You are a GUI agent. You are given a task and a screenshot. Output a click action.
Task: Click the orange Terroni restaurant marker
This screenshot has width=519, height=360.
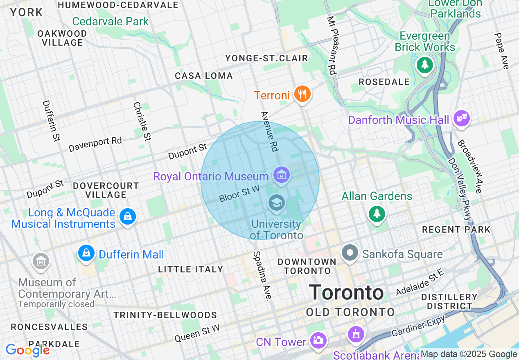tap(302, 94)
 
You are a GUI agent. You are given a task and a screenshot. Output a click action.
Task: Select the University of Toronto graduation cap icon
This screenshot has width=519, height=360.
tap(276, 202)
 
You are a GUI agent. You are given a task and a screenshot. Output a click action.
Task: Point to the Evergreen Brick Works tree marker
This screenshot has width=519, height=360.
tap(425, 65)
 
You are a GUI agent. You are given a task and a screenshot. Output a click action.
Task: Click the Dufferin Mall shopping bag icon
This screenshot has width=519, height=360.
tap(86, 254)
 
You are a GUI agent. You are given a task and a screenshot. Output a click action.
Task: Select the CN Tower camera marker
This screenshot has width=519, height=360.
tap(318, 340)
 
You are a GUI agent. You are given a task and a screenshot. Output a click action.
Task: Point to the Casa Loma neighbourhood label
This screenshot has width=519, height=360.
tap(204, 76)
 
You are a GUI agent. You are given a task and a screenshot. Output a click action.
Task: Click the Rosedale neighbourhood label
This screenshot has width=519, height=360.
tap(384, 82)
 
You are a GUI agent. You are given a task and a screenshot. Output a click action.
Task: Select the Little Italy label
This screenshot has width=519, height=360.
tap(191, 269)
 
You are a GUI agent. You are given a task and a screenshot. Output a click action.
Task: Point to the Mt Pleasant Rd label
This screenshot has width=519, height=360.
tap(332, 45)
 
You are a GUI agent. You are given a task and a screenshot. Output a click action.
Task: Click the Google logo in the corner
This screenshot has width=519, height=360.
tap(27, 350)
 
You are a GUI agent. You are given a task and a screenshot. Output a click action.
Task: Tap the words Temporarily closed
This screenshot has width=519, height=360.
tap(56, 304)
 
